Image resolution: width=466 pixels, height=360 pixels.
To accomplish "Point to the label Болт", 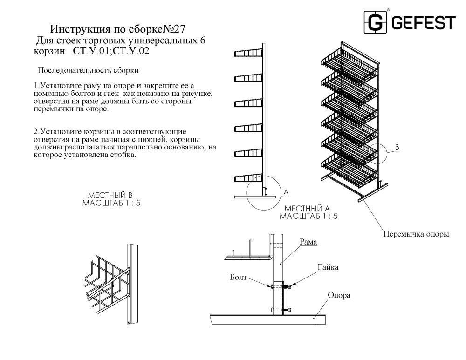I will click(x=239, y=277).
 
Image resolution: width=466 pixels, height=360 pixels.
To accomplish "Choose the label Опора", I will click(x=339, y=295).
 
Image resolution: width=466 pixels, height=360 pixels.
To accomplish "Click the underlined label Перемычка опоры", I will click(x=416, y=234).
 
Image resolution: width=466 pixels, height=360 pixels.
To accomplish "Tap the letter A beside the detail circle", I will click(x=286, y=192).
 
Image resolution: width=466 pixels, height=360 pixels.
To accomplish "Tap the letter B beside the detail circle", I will click(x=397, y=147).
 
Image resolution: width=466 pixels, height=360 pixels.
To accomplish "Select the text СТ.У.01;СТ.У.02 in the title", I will click(x=111, y=51).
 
